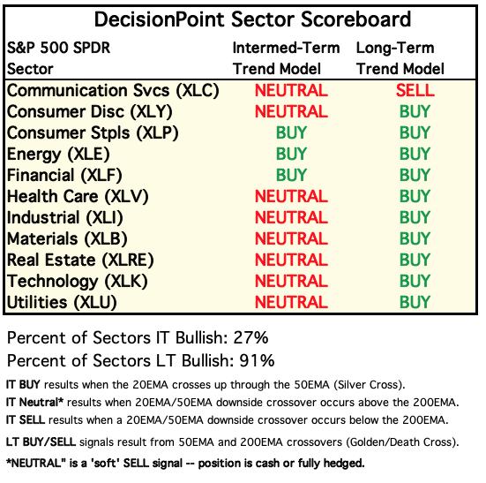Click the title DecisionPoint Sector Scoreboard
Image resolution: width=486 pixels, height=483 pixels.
click(x=252, y=19)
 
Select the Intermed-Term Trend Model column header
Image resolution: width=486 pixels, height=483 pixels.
click(x=286, y=58)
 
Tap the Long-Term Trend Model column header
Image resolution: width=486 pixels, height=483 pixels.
click(x=400, y=58)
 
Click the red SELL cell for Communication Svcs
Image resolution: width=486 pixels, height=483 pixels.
click(x=415, y=91)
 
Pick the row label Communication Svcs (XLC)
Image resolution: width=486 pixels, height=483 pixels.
click(x=113, y=91)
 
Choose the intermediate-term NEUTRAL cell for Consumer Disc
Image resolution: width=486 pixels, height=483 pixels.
click(x=291, y=111)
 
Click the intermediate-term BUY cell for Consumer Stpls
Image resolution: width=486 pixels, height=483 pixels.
click(x=291, y=132)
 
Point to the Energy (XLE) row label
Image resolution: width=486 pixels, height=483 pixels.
click(x=58, y=155)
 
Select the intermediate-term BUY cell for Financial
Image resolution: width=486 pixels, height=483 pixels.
click(x=291, y=175)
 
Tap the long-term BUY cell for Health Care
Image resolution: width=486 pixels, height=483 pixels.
click(x=415, y=196)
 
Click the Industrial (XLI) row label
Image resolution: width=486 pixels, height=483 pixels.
click(x=65, y=218)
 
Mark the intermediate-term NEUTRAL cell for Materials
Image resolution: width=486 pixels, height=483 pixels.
click(x=291, y=239)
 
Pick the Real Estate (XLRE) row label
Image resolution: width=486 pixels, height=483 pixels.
click(x=80, y=260)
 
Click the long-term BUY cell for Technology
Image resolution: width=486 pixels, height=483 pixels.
click(x=415, y=281)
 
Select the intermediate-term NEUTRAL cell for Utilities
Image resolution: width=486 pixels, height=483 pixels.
click(x=291, y=303)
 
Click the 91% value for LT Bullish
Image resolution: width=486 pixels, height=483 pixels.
click(x=257, y=361)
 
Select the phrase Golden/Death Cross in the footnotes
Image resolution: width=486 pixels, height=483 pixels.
click(x=400, y=442)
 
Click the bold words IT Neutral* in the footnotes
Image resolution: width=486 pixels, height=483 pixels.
click(x=34, y=403)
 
